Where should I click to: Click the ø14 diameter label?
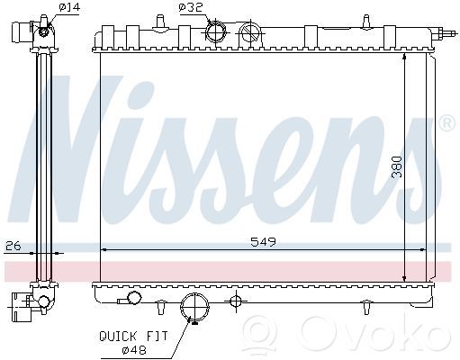point(69,7)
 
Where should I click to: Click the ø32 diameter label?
point(191,7)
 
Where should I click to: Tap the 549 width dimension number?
point(263,241)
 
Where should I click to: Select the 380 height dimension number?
point(397,167)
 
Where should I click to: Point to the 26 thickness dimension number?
point(14,246)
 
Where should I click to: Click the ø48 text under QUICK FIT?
point(134,349)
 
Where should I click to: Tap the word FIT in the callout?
point(157,337)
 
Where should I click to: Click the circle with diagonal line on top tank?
point(250,32)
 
